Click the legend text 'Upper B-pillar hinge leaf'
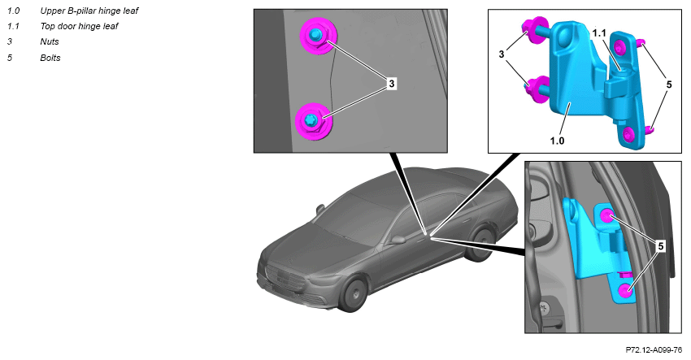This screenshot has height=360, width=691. coord(89,11)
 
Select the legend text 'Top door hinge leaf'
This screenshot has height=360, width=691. coord(79,27)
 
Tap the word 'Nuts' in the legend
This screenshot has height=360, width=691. coord(50,42)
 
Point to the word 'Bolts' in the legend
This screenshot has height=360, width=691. coord(50,58)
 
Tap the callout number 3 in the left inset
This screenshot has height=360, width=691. coord(392,83)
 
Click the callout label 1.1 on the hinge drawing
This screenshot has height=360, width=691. coord(599,33)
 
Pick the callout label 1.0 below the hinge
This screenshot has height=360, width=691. coord(557,141)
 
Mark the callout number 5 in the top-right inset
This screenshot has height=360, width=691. coord(669,85)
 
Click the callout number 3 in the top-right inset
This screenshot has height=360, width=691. coord(501,54)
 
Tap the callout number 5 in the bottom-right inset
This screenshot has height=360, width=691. coord(661,246)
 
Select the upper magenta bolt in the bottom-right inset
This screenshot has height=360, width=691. coord(607,215)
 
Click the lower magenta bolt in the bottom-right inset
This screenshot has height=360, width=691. coord(624,290)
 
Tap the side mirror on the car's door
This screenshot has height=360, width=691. coord(398,241)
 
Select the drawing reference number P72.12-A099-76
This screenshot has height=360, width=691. coord(654,350)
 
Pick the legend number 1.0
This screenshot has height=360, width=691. coord(13,11)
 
